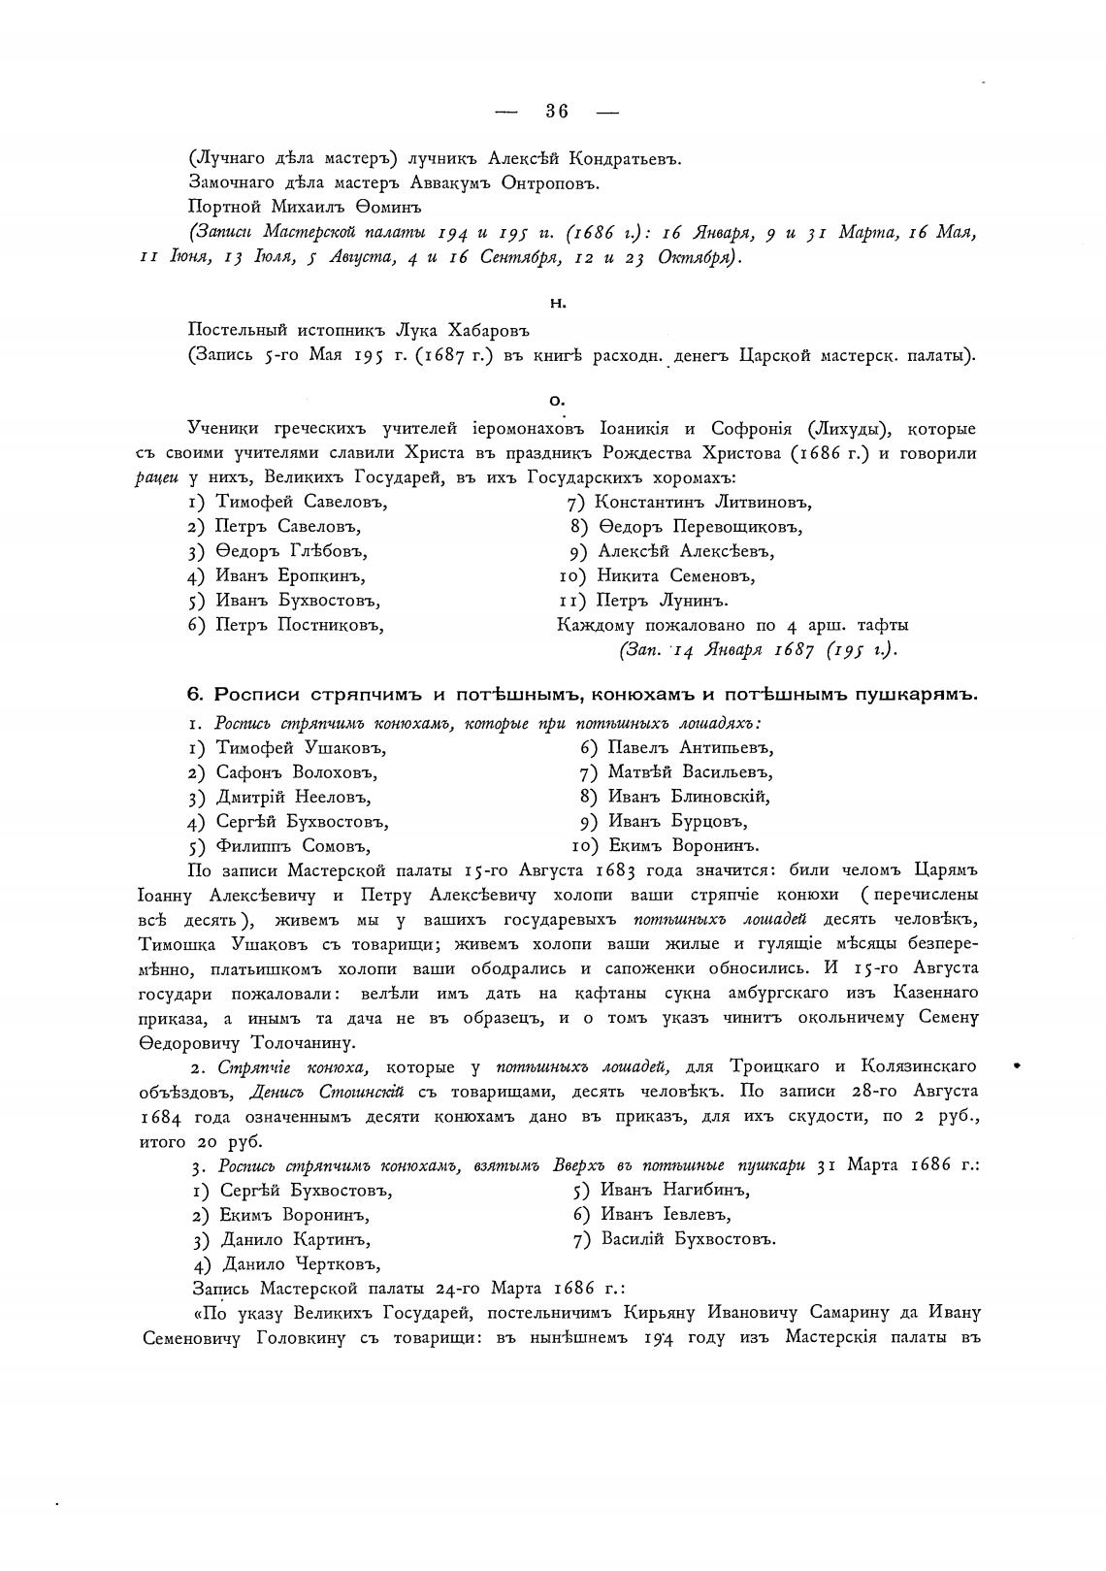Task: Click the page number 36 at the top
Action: pyautogui.click(x=557, y=112)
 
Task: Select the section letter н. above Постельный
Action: pyautogui.click(x=557, y=304)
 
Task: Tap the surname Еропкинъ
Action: pyautogui.click(x=317, y=576)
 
